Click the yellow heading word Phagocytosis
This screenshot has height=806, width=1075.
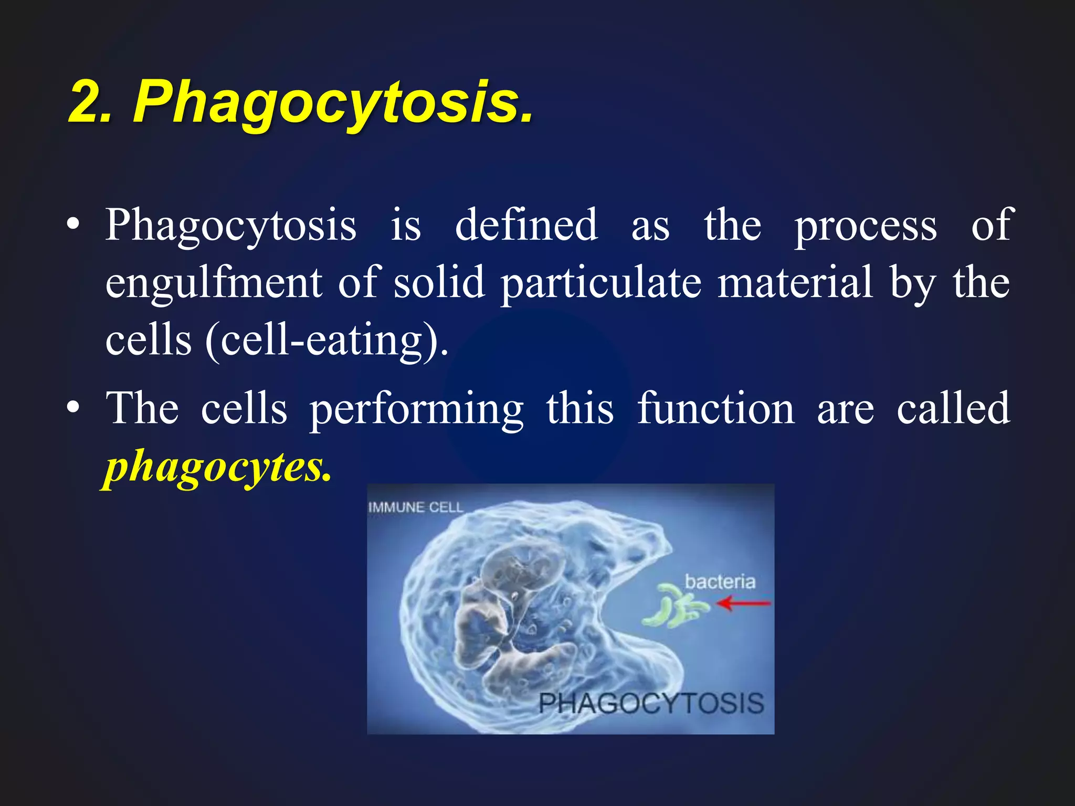click(x=332, y=102)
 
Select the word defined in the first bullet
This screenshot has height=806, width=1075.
click(x=526, y=225)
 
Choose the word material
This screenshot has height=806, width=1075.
click(x=795, y=282)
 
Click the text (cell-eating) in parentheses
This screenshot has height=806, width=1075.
click(x=326, y=341)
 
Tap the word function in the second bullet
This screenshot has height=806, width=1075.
click(x=715, y=408)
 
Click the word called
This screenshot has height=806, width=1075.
click(x=953, y=408)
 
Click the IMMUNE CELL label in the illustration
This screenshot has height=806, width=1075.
click(x=415, y=507)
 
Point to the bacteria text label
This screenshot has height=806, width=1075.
click(x=720, y=581)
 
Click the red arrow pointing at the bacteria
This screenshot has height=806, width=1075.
click(x=743, y=604)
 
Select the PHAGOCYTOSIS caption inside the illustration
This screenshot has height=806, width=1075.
click(x=651, y=703)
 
